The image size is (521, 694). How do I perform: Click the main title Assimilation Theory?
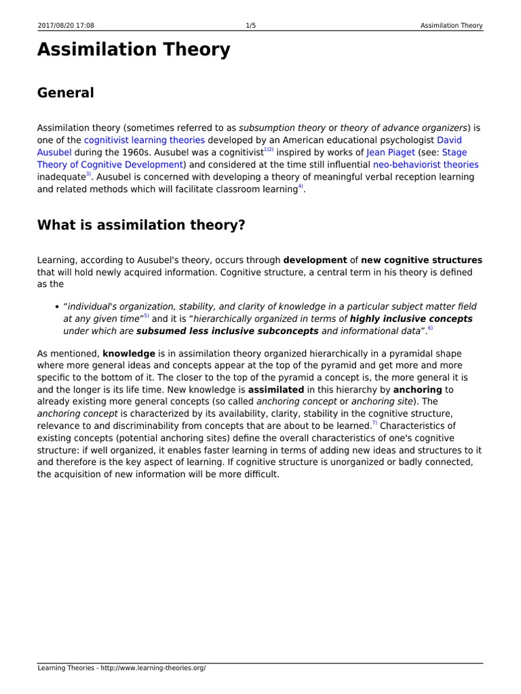click(x=134, y=50)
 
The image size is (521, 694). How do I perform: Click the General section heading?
click(x=65, y=93)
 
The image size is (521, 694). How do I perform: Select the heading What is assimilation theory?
click(x=140, y=225)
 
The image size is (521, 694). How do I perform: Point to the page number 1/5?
click(x=250, y=26)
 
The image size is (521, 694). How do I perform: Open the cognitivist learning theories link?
click(x=144, y=140)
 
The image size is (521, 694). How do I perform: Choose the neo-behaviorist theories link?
click(x=425, y=165)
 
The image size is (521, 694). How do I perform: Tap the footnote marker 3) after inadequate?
click(x=88, y=174)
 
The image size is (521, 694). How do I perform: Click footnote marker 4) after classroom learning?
click(x=301, y=186)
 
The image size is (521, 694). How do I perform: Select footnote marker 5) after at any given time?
click(x=146, y=316)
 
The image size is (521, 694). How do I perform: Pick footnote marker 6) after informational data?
click(x=429, y=328)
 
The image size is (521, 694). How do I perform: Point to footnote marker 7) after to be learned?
click(x=374, y=423)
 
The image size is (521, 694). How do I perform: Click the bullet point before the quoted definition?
click(x=56, y=307)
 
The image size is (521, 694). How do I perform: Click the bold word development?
click(x=315, y=260)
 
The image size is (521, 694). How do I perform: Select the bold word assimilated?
click(x=276, y=390)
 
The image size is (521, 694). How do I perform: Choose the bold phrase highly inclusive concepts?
click(x=411, y=319)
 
